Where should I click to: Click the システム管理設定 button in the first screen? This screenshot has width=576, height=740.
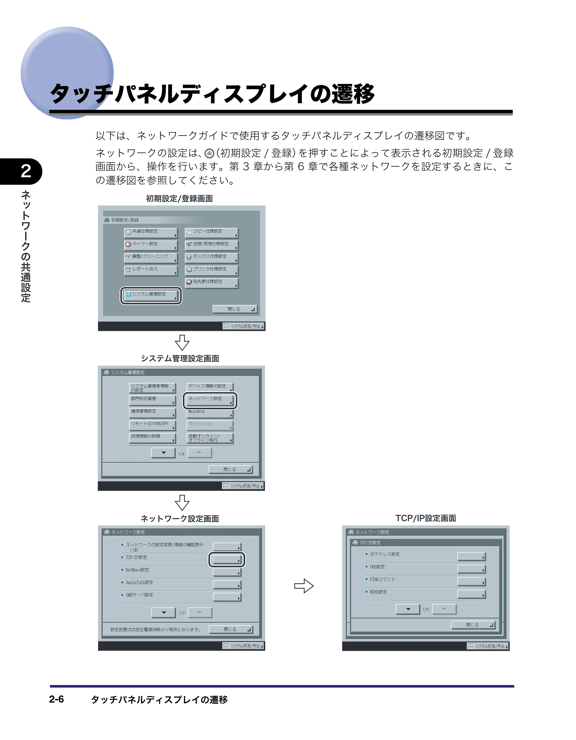[x=151, y=295]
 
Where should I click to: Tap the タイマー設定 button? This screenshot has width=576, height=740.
[x=151, y=245]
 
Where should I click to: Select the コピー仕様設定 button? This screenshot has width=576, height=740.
[x=212, y=232]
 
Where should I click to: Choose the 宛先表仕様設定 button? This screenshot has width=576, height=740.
[x=212, y=283]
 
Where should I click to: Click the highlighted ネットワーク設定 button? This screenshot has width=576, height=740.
[x=210, y=400]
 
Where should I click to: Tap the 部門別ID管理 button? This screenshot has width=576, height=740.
[x=153, y=400]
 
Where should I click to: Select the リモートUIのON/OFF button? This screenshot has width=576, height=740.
[x=153, y=425]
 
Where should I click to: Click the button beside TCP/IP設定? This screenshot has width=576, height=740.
[x=227, y=559]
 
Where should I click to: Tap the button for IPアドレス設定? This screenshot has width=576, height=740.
[x=471, y=556]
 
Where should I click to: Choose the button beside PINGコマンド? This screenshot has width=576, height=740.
[x=471, y=581]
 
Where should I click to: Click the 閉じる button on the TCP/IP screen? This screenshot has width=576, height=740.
[x=473, y=625]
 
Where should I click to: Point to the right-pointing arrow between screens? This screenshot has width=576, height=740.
[x=304, y=586]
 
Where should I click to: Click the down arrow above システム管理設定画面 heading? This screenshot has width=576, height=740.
[x=182, y=343]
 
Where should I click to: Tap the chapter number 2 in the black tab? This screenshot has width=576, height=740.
[x=26, y=171]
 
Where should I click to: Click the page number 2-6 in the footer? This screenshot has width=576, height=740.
[x=56, y=699]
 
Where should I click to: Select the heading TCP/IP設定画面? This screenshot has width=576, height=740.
[x=425, y=518]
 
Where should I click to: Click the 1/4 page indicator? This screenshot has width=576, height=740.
[x=181, y=454]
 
